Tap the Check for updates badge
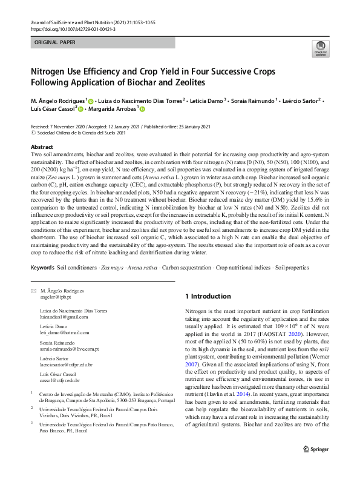(x=319, y=48)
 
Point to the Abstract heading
(x=42, y=147)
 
